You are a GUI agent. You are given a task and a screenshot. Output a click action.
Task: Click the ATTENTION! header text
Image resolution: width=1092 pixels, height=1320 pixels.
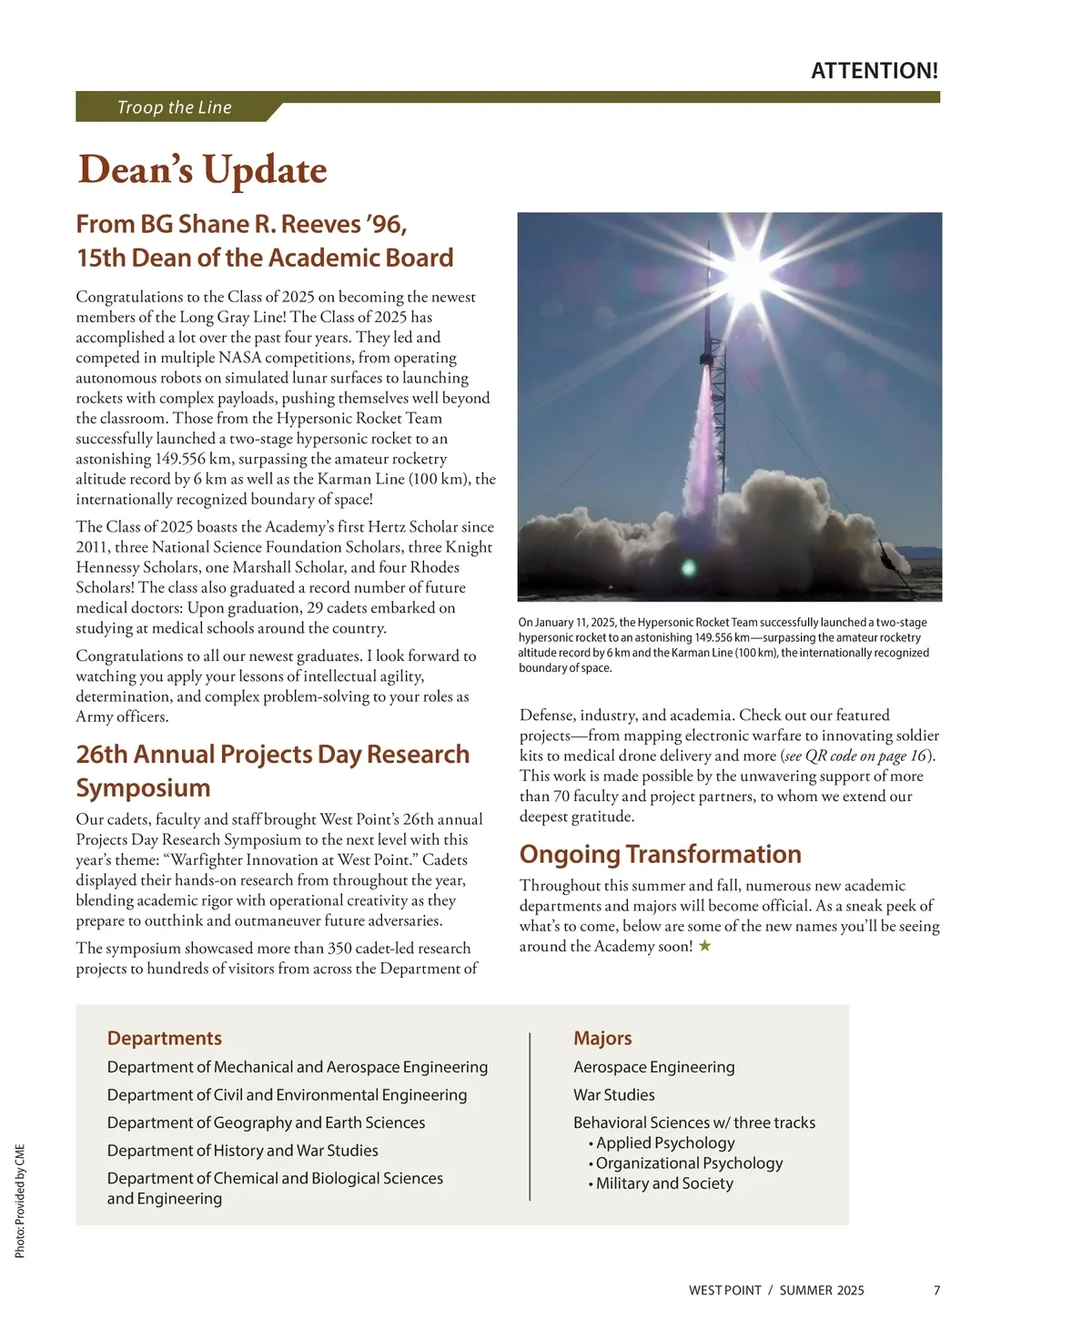coord(874,71)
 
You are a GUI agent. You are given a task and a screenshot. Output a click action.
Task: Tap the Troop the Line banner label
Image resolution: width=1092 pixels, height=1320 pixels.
coord(174,107)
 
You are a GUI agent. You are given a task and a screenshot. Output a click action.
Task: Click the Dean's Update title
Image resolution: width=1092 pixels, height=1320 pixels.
coord(202,170)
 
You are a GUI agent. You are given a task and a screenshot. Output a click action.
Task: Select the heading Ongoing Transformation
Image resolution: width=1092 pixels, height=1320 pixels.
coord(660,854)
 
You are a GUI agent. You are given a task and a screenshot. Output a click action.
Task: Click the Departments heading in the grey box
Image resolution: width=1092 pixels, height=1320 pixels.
coord(165,1038)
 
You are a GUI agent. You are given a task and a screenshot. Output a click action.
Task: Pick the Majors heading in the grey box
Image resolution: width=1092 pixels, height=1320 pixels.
coord(602,1038)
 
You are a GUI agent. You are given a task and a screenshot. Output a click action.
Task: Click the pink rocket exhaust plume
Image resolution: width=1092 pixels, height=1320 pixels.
coord(702,437)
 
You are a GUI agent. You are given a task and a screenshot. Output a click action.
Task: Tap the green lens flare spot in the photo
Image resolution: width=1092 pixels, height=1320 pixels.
coord(689,568)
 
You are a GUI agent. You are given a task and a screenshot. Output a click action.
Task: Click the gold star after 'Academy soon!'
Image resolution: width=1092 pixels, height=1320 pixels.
coord(704,946)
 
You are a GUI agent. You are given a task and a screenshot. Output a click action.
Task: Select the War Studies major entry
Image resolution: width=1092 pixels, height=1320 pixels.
coord(614,1094)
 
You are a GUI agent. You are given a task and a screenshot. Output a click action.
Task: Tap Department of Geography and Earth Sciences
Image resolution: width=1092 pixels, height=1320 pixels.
coord(266,1122)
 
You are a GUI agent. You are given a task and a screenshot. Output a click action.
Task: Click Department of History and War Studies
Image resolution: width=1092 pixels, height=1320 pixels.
coord(242,1150)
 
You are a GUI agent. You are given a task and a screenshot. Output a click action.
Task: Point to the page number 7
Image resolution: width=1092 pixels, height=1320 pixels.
coord(936,1290)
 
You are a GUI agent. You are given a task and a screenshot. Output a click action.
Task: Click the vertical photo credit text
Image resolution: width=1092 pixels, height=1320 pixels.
coord(20,1201)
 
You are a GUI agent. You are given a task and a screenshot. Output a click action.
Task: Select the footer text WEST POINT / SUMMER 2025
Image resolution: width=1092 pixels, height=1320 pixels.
coord(776,1290)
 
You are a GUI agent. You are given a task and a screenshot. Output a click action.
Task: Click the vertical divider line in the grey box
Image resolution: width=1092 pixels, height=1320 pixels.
coord(530,1116)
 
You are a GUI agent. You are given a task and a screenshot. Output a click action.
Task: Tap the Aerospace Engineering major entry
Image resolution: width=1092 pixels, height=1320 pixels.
coord(653,1067)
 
